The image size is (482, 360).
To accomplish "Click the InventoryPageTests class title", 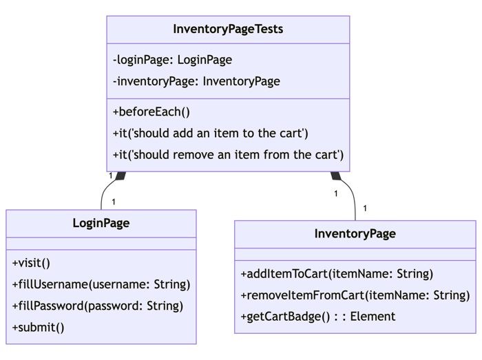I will tap(228, 30).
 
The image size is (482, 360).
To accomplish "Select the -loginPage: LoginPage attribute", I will tap(172, 60).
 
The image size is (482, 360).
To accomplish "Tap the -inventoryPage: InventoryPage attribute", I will tap(196, 81).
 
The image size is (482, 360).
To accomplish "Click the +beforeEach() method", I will tap(151, 112).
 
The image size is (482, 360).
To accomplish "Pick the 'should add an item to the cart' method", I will tap(210, 133).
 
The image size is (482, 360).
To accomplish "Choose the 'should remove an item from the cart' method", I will tap(228, 154).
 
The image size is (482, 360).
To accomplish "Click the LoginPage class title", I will tap(101, 223).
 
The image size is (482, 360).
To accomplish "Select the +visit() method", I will tap(31, 263).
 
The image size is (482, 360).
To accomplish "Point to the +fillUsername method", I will tap(101, 284).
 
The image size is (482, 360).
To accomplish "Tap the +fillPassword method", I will tap(98, 306).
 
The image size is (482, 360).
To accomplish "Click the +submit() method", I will tap(38, 327).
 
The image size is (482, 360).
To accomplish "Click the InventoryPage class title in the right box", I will tap(355, 233).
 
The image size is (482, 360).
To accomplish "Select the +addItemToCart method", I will tap(337, 274).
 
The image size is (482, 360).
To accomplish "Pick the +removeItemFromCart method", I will tap(355, 295).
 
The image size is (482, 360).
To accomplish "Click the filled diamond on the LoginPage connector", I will tap(120, 176).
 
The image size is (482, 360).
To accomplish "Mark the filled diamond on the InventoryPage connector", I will tap(335, 176).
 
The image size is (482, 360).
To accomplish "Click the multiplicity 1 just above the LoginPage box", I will tap(113, 202).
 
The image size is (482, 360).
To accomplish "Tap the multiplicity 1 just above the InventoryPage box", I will tap(364, 208).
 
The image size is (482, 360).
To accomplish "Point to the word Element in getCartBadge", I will tap(373, 317).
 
